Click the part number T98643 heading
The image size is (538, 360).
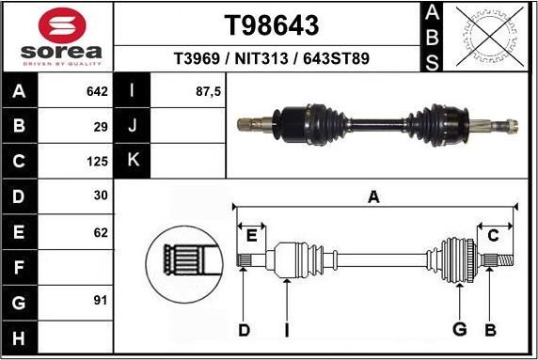coord(271,24)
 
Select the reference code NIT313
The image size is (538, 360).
coord(271,58)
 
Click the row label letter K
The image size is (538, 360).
coord(133,160)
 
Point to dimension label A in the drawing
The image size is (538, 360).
coord(373,196)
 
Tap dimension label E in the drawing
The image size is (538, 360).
coord(251,234)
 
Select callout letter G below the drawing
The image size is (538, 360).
coord(460,329)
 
